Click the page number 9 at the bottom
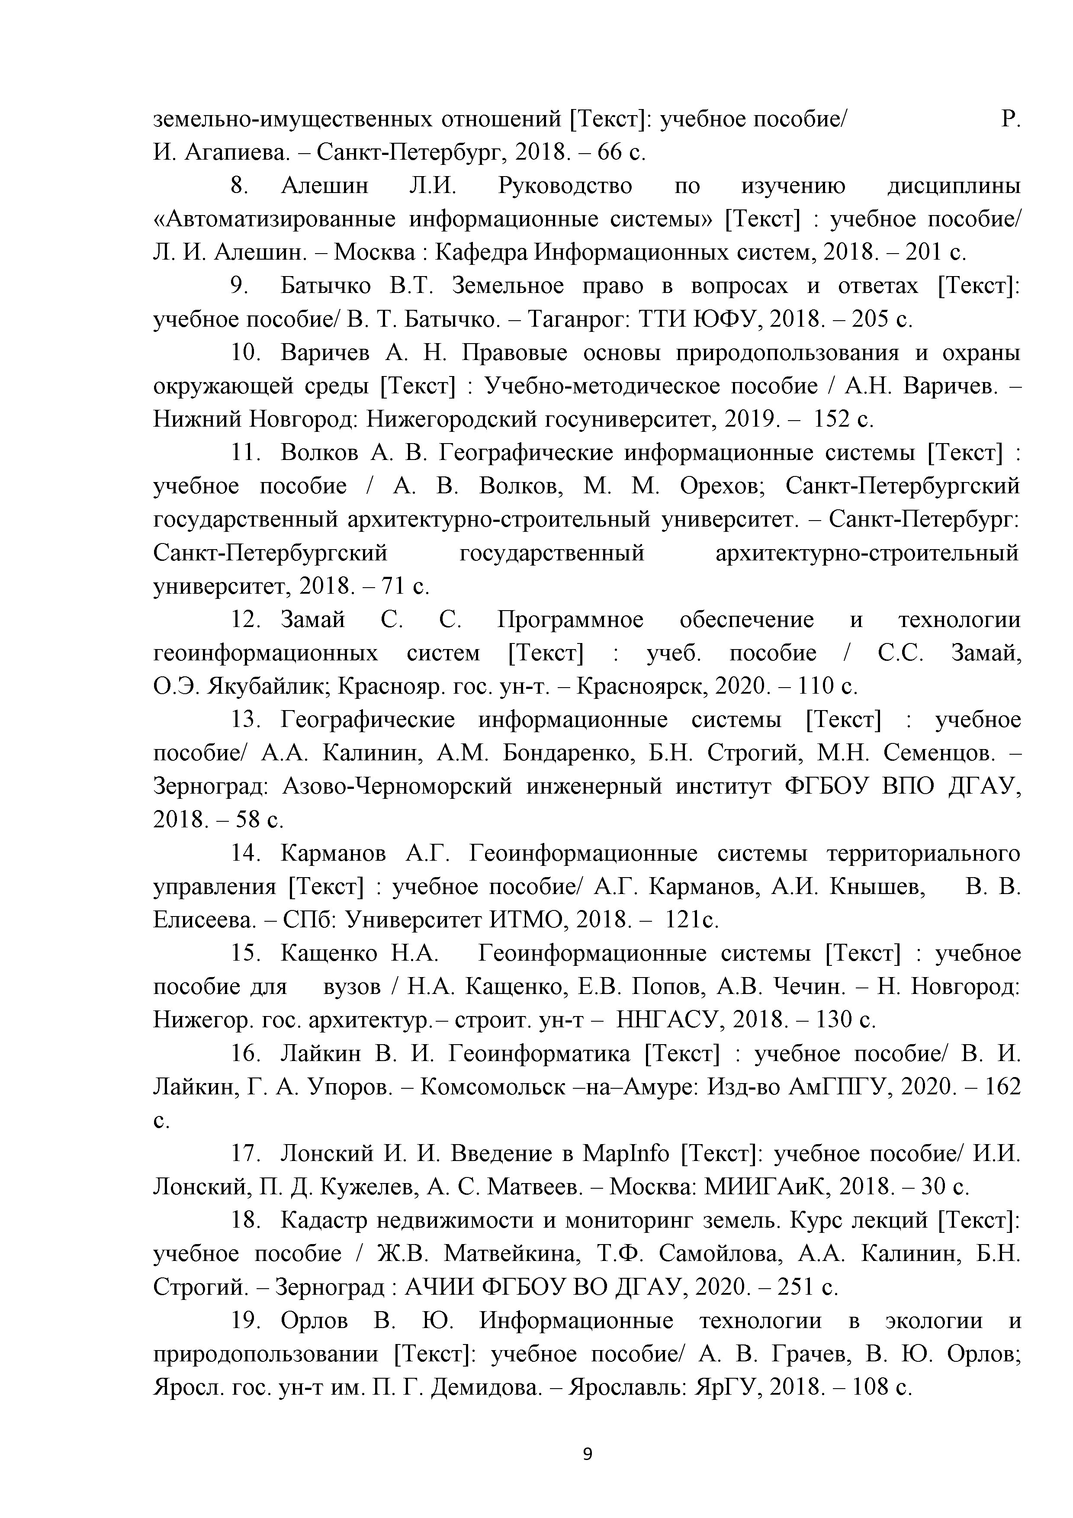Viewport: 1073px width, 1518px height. coord(588,1454)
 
